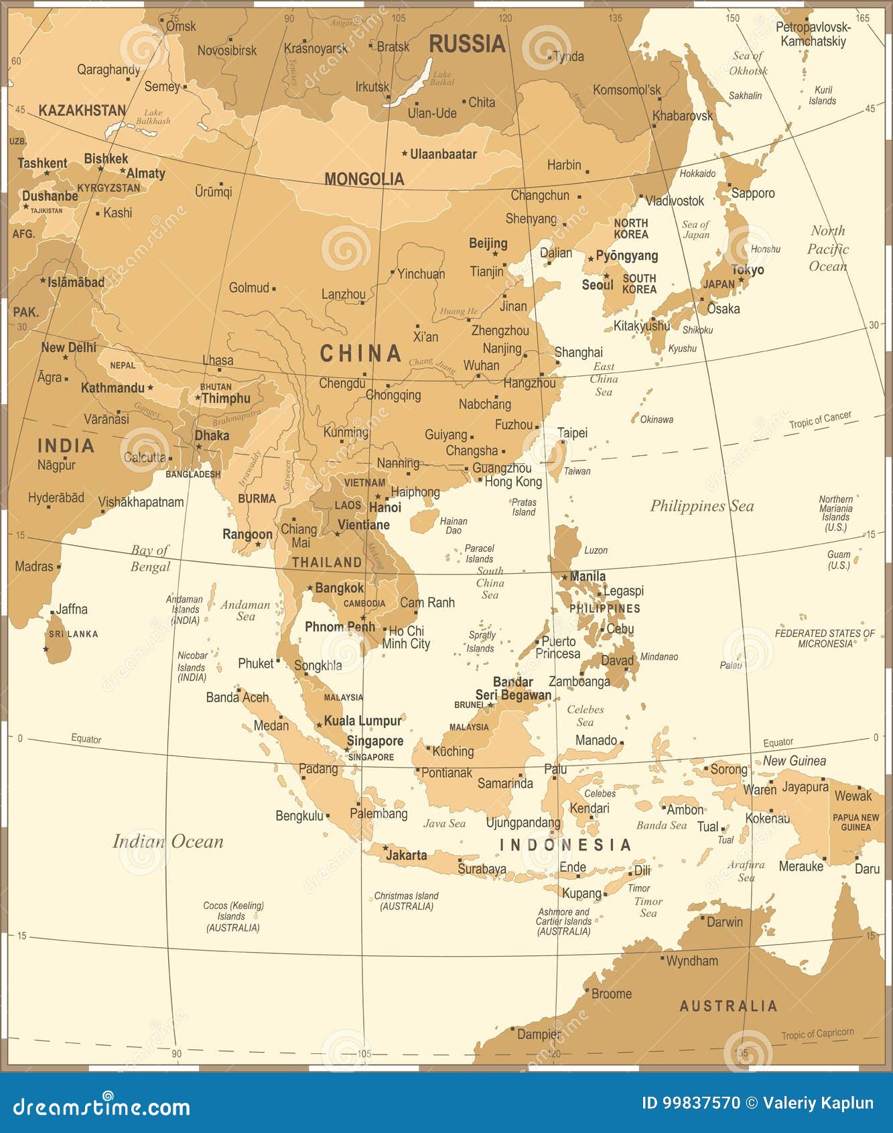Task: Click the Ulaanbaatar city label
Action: tap(443, 154)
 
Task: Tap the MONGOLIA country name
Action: tap(364, 179)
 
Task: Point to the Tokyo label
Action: tap(748, 270)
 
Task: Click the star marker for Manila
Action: tap(565, 577)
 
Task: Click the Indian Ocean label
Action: tap(167, 841)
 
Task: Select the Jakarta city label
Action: tap(406, 855)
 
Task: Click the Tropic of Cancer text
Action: tap(820, 420)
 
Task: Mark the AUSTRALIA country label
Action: tap(728, 1006)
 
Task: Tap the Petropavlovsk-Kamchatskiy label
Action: tap(813, 34)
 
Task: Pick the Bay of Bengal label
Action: tap(150, 558)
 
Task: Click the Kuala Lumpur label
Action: tap(362, 721)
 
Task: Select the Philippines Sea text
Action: tap(702, 506)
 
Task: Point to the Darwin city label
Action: tap(724, 922)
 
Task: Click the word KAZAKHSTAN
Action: tap(82, 111)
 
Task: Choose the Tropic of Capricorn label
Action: tap(817, 1033)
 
